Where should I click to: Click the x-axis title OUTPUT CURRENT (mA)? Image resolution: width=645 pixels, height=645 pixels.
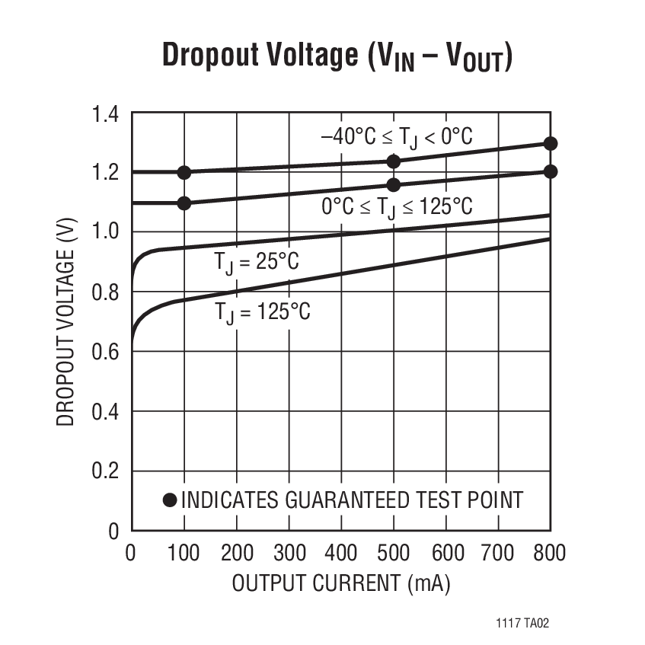340,584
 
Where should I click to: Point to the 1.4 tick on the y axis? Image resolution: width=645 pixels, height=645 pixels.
106,115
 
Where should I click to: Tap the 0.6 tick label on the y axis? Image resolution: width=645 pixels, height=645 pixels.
106,353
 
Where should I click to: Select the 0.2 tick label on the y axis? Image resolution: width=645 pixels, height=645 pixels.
106,471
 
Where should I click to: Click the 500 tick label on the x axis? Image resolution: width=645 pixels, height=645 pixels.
393,552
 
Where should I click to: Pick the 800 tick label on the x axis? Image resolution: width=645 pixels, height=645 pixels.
549,552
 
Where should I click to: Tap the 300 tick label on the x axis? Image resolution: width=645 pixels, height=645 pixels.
289,552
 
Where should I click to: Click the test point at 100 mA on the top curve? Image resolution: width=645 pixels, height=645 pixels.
184,172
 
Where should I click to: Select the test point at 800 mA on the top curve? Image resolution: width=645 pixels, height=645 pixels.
551,144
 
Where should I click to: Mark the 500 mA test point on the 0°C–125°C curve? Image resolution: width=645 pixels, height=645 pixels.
394,185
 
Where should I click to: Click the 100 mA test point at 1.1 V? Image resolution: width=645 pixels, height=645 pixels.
184,203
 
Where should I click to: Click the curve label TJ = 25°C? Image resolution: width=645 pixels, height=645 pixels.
256,263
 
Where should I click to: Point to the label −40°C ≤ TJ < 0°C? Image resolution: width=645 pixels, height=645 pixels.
396,137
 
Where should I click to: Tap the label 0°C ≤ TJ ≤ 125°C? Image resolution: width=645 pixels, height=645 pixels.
396,207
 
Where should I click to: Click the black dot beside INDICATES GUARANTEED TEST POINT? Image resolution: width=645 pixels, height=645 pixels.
170,500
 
